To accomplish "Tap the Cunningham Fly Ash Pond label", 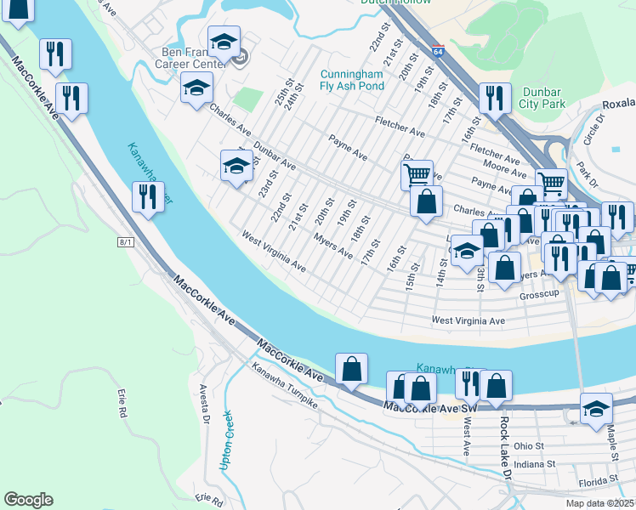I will point(352,80).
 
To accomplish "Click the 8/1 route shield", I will point(126,242).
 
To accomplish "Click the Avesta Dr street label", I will point(205,411).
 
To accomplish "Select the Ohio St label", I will point(527,445).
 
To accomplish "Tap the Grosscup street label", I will point(542,297).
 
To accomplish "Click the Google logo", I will point(28,500).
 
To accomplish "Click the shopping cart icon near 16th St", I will point(417,174).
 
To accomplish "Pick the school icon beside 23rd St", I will point(236,165).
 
